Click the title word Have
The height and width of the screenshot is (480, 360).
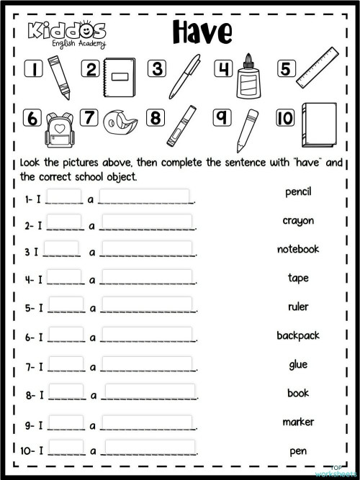tap(202, 32)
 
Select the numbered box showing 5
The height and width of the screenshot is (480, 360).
tap(286, 69)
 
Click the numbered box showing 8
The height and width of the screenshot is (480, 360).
tap(156, 118)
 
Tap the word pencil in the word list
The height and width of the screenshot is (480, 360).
tap(297, 192)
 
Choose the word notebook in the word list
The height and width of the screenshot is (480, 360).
tap(297, 249)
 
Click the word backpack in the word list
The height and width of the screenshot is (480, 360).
tap(297, 335)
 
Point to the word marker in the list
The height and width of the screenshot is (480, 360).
tap(297, 422)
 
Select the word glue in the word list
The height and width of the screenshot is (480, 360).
tap(297, 364)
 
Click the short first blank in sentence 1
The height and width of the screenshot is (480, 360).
tap(65, 196)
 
